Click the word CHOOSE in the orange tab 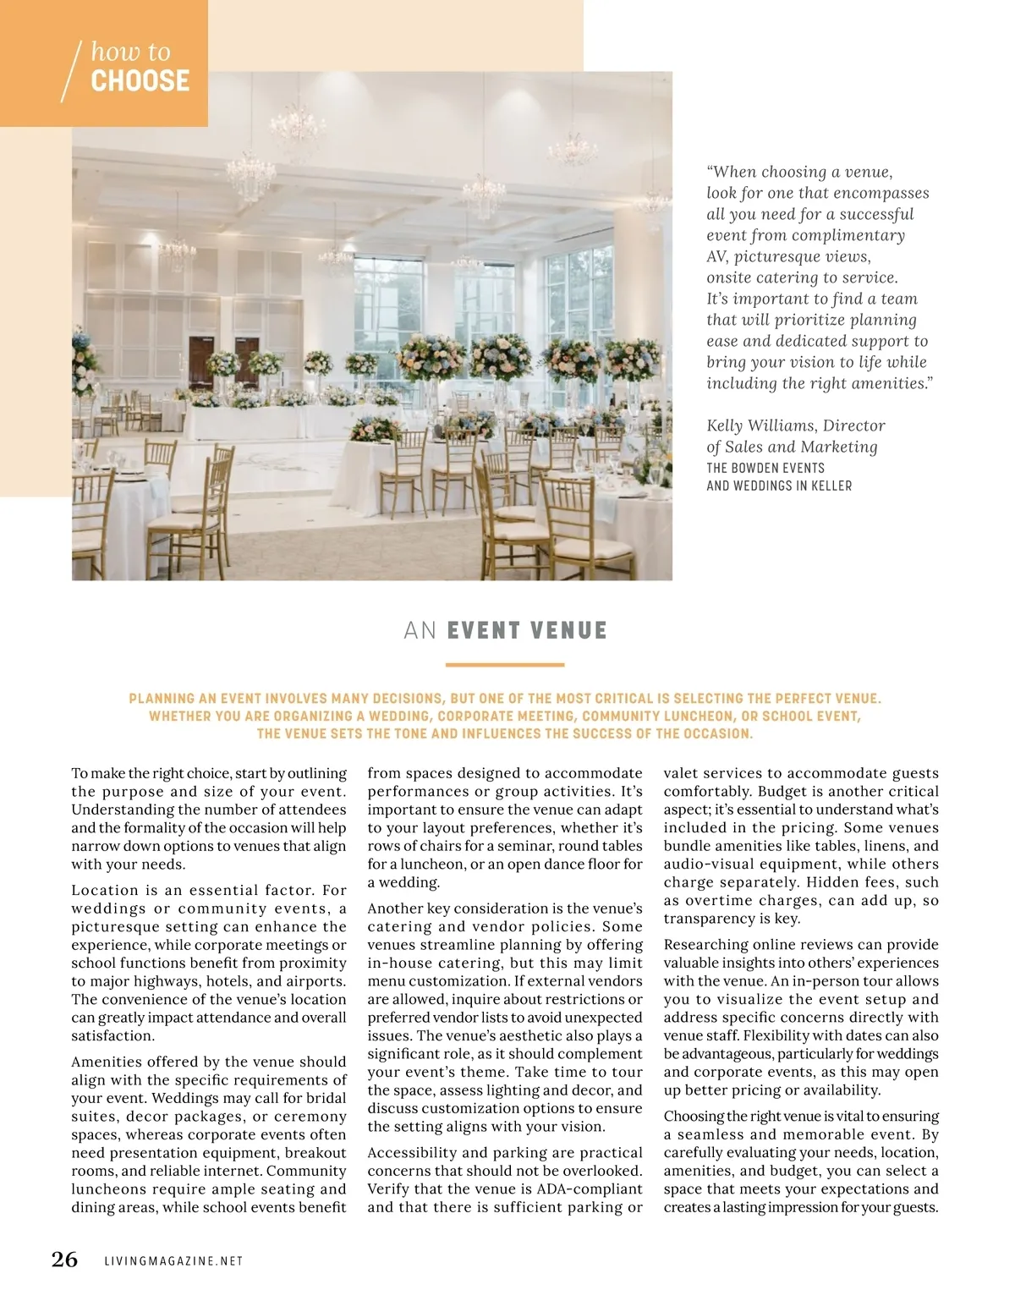140,81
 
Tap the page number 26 64,1260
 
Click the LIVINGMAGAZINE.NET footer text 173,1261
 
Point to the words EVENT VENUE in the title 526,631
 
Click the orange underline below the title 504,665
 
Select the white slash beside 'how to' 72,72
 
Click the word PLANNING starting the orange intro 162,699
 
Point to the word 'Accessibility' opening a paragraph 413,1152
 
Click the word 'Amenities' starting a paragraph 110,1062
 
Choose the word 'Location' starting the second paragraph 104,890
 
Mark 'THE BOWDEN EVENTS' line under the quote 765,468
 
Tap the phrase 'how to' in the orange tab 130,52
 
